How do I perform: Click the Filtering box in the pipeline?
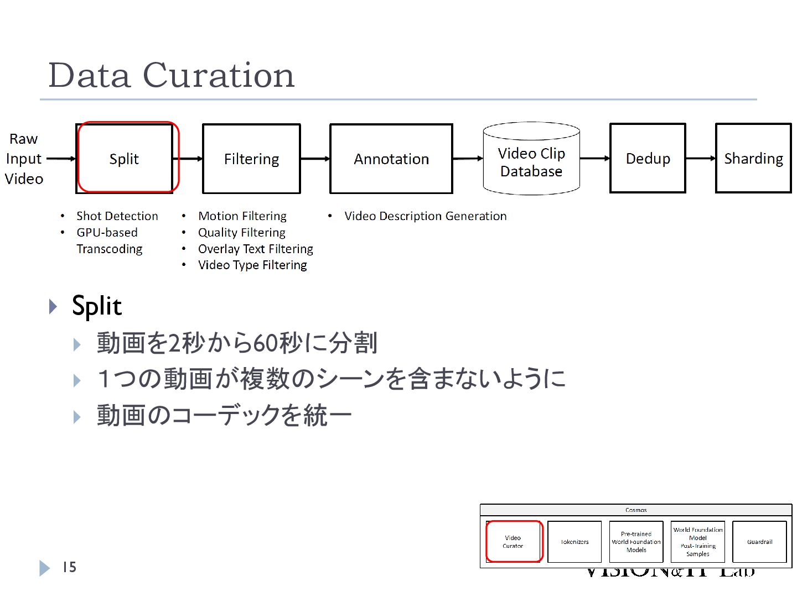(251, 159)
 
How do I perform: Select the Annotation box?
(391, 159)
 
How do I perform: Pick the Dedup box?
(648, 159)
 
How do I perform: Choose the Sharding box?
(753, 159)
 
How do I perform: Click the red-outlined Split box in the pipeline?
(125, 159)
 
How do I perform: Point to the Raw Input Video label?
(24, 159)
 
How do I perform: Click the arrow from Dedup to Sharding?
(701, 158)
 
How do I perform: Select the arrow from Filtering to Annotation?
(315, 159)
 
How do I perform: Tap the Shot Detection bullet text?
(117, 216)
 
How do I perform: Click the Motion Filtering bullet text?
(242, 216)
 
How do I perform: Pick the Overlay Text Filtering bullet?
(256, 249)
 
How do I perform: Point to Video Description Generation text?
(425, 216)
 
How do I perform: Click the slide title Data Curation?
(172, 75)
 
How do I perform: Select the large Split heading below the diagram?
(97, 306)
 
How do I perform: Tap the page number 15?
(69, 567)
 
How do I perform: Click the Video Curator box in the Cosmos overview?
(513, 542)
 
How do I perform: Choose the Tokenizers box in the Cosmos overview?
(575, 542)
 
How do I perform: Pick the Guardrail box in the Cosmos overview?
(759, 542)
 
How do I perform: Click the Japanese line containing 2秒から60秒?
(237, 343)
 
